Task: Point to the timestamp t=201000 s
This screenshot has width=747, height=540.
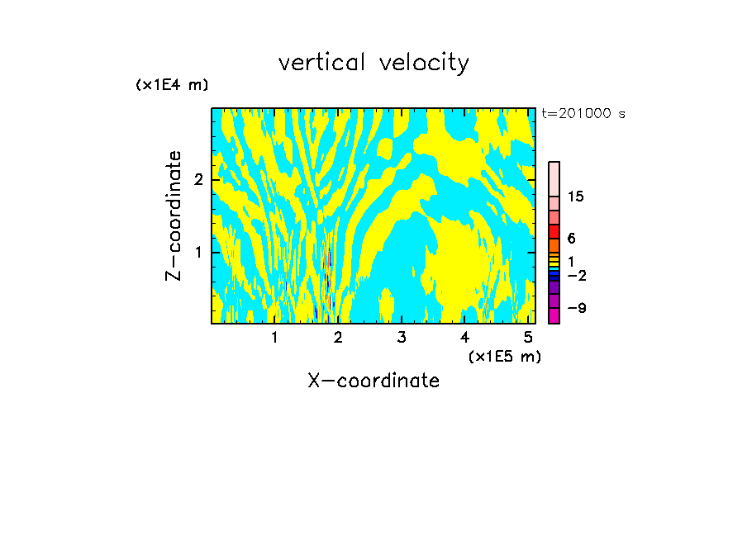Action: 583,114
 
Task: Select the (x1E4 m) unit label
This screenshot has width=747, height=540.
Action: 172,84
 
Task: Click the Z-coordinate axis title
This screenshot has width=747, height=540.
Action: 174,216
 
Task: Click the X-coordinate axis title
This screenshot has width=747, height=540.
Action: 373,381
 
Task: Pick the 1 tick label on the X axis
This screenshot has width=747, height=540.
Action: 274,337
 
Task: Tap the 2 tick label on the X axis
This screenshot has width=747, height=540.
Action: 338,337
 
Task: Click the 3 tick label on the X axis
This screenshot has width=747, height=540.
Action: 402,337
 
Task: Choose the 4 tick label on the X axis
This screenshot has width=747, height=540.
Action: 464,337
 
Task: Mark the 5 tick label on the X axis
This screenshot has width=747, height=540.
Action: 528,337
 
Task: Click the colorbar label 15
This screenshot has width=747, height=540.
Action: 576,197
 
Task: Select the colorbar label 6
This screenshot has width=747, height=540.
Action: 571,239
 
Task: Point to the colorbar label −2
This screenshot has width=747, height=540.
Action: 576,275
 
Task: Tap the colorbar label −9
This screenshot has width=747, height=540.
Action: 576,308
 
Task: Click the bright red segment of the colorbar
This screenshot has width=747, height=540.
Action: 554,231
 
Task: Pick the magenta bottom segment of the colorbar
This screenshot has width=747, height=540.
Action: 554,315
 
